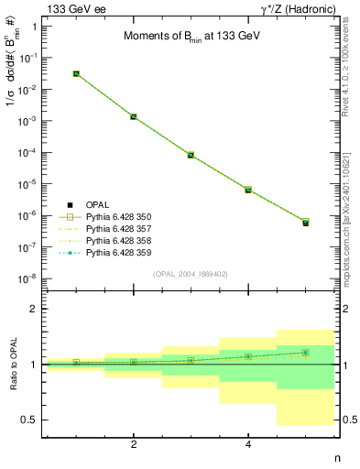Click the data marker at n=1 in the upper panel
76,73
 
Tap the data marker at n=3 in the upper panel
191,155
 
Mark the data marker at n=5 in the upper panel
305,223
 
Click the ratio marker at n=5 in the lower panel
305,353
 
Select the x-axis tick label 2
134,444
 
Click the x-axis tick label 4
248,444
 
